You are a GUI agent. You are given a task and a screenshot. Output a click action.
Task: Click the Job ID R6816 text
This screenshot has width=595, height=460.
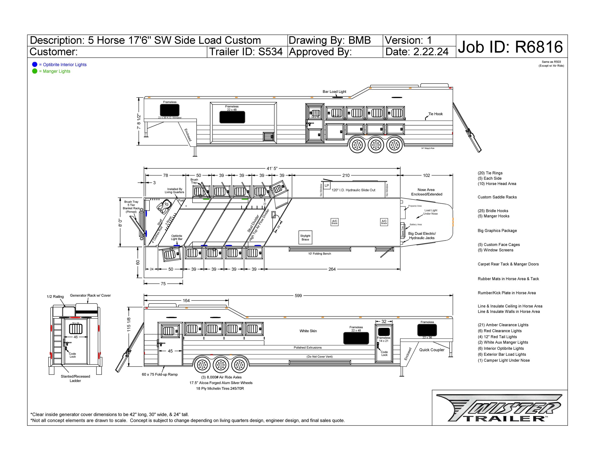point(510,47)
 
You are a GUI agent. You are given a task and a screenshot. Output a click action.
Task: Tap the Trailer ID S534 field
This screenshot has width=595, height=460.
point(246,52)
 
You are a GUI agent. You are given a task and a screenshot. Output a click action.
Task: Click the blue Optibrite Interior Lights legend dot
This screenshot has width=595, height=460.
point(35,65)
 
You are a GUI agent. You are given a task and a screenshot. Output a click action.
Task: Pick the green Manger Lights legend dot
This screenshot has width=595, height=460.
point(35,71)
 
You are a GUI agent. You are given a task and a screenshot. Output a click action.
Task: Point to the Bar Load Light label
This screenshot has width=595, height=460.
point(334,92)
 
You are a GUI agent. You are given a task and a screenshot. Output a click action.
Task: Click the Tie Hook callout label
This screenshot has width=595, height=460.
point(435,114)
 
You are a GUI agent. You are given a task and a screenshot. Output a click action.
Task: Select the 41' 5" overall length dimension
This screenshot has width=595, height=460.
point(272,168)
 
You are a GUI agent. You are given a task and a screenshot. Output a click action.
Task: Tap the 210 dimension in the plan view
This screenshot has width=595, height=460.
point(346,175)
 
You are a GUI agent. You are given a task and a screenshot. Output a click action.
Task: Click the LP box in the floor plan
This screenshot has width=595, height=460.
point(327,185)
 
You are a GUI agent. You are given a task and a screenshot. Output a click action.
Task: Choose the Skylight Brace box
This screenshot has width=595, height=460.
point(305,238)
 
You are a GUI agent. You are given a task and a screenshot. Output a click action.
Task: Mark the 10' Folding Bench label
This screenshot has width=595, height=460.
point(319,254)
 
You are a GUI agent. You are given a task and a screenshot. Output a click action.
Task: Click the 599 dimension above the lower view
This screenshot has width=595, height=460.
point(298,296)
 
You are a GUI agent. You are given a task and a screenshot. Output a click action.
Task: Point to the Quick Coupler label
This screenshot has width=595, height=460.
point(431,350)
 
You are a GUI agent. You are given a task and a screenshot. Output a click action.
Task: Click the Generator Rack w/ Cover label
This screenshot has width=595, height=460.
point(90,295)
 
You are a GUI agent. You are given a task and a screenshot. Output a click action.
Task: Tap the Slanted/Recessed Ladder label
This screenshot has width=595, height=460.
point(75,379)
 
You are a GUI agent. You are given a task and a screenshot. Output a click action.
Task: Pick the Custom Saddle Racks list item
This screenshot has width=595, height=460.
point(497,197)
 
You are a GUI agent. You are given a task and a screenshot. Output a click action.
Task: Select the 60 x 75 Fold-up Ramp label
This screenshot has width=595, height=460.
point(160,375)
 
